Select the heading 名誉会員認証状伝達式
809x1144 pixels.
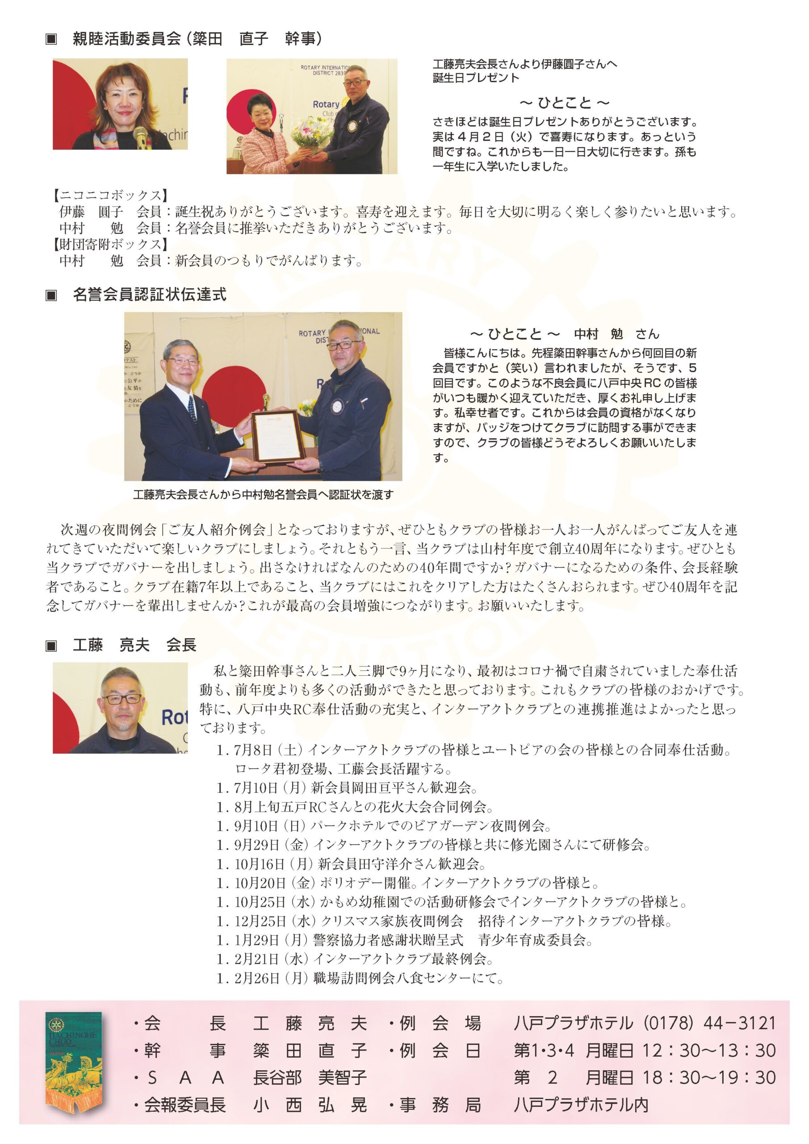tap(150, 294)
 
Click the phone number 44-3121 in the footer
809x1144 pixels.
tap(739, 1023)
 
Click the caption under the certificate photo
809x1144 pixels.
tap(263, 495)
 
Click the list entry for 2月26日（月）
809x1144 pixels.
tap(360, 978)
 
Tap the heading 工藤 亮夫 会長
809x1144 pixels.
tap(134, 645)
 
